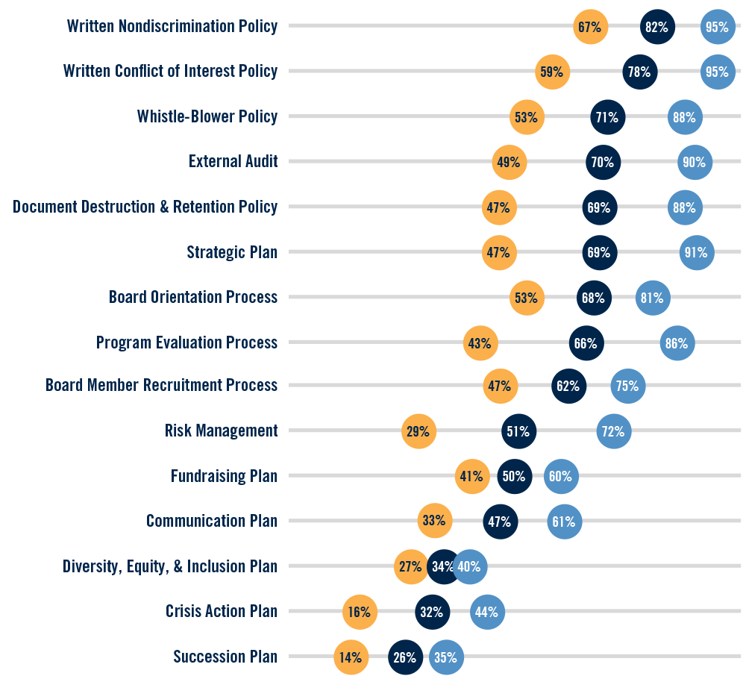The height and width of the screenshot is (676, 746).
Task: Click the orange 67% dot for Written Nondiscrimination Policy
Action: (591, 27)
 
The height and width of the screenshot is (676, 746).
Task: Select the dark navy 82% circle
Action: (657, 27)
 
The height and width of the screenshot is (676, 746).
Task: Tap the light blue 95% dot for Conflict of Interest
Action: (718, 72)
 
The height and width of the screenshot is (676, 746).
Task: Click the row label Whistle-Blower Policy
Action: (207, 116)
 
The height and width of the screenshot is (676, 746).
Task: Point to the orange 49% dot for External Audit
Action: (510, 162)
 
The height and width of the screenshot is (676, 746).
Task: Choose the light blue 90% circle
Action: (695, 162)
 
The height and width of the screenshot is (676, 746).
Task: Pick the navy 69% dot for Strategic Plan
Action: (599, 252)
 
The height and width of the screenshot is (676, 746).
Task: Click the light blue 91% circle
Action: (697, 252)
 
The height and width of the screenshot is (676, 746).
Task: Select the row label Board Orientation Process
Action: (193, 297)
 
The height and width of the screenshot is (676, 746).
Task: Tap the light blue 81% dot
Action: (653, 298)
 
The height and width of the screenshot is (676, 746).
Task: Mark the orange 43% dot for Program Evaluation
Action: (480, 343)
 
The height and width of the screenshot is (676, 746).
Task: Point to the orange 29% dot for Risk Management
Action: (419, 431)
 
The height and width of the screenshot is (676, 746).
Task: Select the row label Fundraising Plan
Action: (224, 476)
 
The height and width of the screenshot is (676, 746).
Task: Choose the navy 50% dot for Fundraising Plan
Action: (514, 476)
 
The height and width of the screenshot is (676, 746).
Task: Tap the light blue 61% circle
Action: (564, 522)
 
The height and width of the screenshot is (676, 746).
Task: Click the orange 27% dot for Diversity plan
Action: (410, 566)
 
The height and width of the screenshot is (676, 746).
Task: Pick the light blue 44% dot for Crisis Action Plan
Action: (487, 612)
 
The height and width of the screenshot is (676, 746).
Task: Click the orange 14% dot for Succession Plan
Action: (351, 657)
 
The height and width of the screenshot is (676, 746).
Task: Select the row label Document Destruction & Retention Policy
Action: (145, 207)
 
